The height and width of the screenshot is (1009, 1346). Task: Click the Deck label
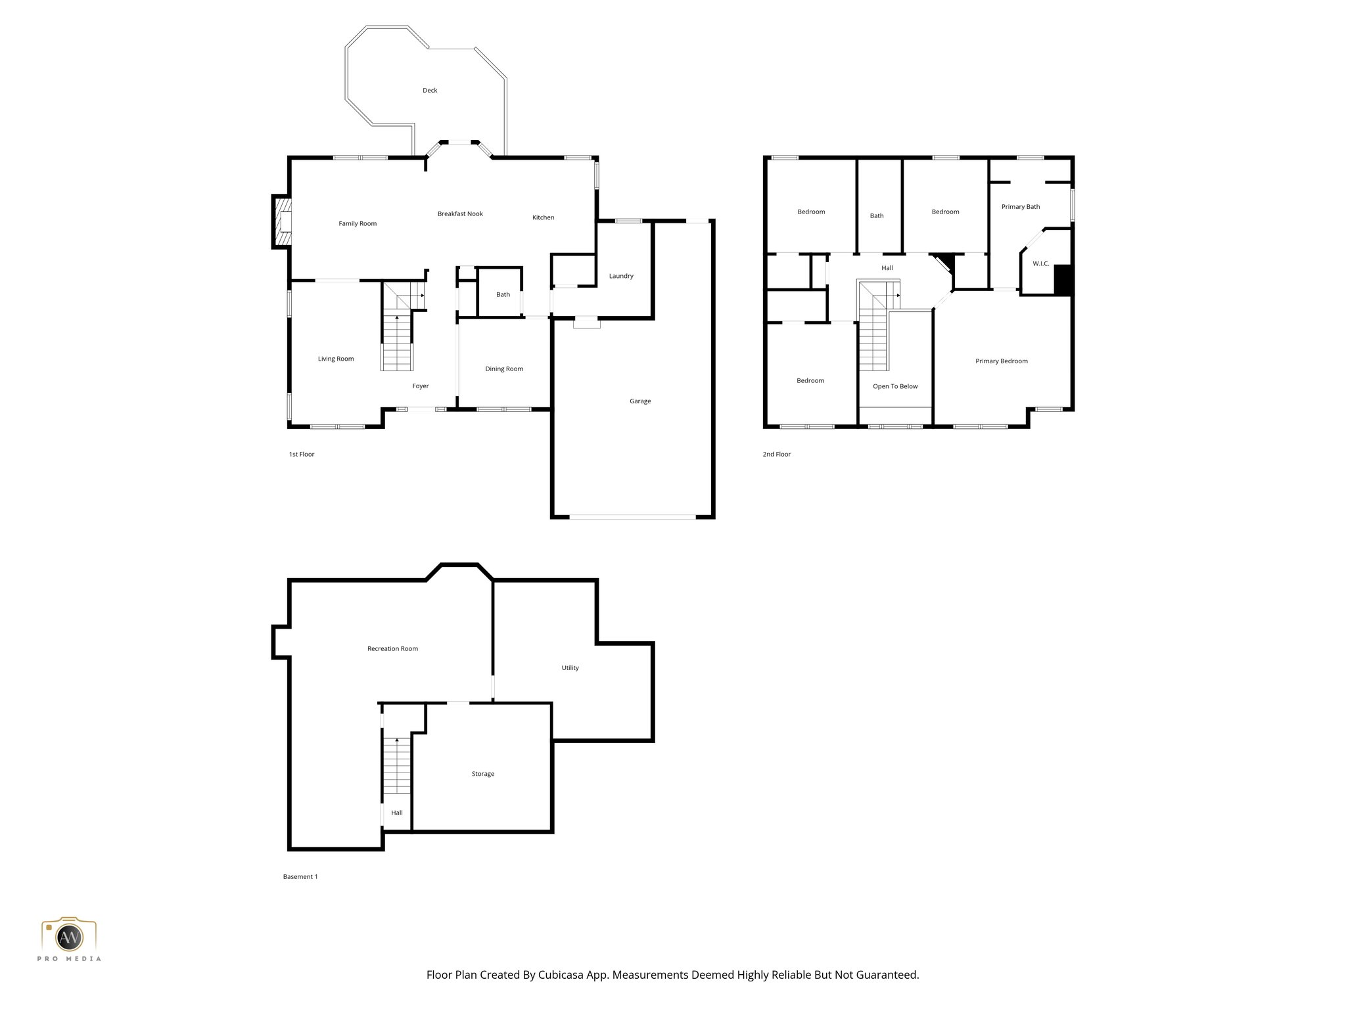[x=430, y=91]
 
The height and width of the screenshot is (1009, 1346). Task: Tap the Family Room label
[x=358, y=224]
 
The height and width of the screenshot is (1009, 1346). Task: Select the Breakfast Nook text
[x=460, y=214]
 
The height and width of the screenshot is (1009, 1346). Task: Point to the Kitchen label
[x=543, y=217]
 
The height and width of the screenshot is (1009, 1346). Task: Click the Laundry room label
[x=620, y=276]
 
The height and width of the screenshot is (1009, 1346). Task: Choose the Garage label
[x=639, y=401]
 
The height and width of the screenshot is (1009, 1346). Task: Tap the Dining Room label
[x=504, y=369]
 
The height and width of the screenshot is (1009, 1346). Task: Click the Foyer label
[x=420, y=386]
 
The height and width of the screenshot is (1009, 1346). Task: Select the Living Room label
[x=336, y=359]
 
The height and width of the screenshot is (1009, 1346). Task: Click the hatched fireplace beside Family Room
[x=283, y=223]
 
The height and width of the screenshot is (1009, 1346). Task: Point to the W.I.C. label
[x=1040, y=264]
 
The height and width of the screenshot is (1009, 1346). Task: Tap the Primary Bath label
[x=1020, y=207]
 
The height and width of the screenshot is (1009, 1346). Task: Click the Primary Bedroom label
[x=1001, y=361]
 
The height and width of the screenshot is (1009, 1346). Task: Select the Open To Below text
[x=894, y=386]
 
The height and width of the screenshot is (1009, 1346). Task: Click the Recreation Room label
[x=392, y=649]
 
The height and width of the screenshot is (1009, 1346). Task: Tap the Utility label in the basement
[x=570, y=668]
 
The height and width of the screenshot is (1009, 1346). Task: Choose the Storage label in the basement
[x=482, y=774]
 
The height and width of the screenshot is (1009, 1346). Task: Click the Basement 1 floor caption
[x=300, y=877]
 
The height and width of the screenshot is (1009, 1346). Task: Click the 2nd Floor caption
[x=776, y=455]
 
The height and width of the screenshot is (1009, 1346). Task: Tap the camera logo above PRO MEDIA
[x=69, y=935]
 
